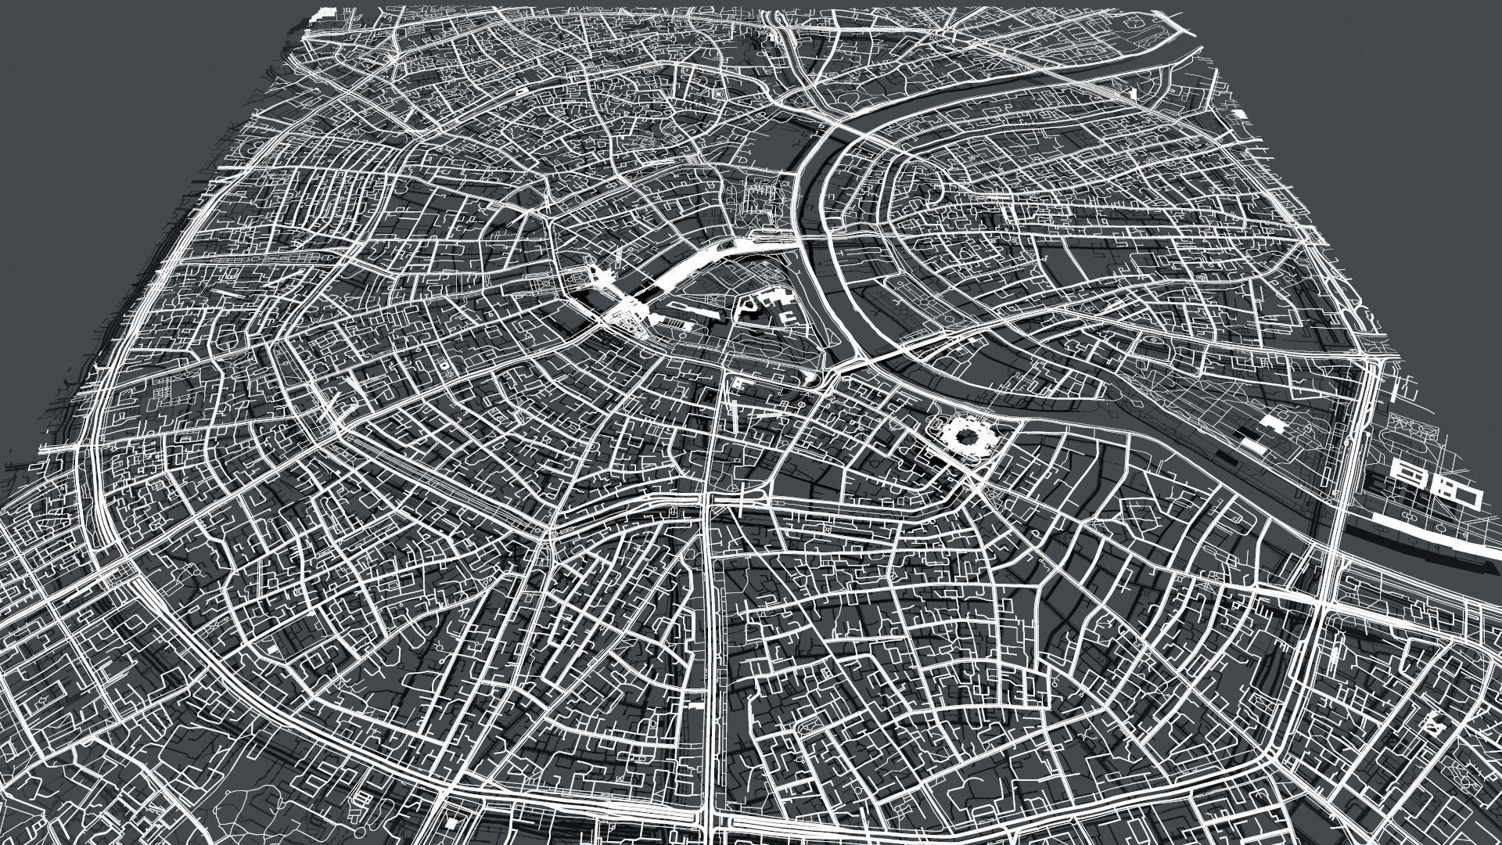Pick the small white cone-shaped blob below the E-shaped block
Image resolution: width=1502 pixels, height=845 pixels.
[x=811, y=379]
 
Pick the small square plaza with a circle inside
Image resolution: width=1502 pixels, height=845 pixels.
[x=717, y=93]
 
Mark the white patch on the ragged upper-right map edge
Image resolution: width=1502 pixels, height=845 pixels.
[x=1475, y=114]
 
